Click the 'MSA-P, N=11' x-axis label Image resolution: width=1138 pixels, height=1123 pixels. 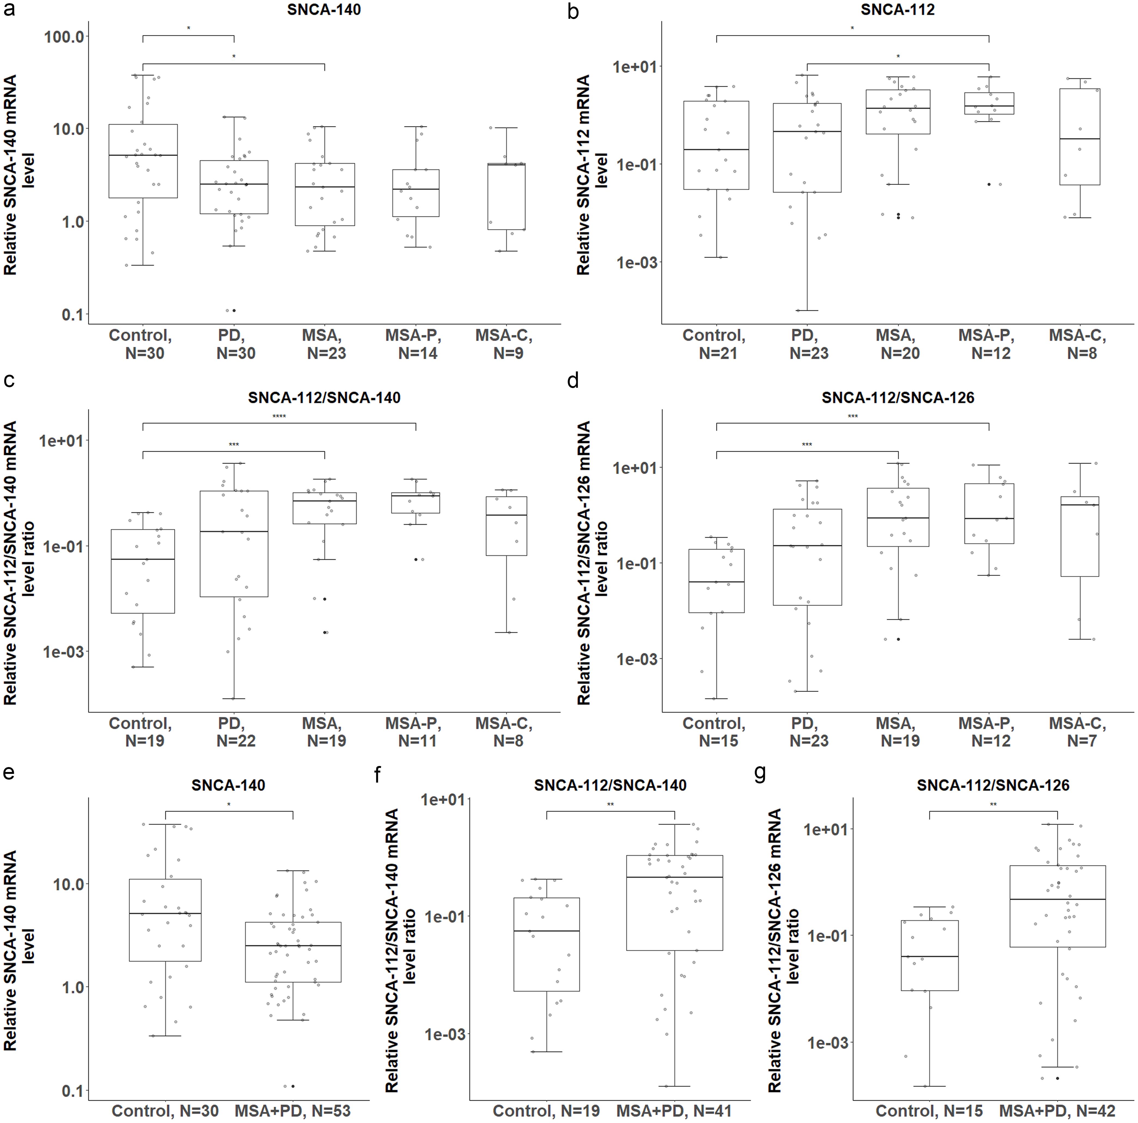pos(413,732)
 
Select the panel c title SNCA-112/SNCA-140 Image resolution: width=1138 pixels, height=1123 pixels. pos(324,398)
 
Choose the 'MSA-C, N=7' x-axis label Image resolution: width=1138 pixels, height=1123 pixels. pos(1077,732)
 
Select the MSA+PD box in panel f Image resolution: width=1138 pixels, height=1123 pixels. pos(675,902)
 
